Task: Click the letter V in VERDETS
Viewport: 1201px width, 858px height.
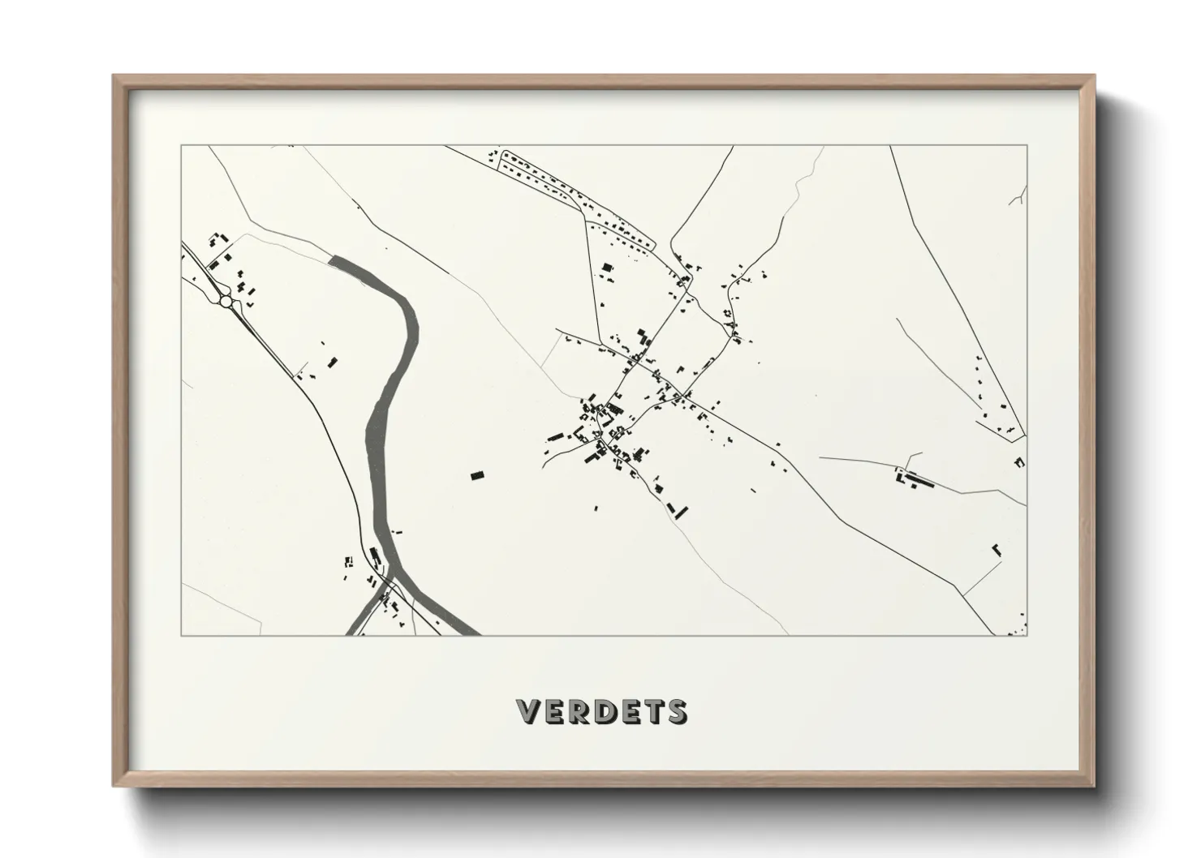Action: (528, 711)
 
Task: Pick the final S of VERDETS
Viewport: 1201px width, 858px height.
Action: (675, 711)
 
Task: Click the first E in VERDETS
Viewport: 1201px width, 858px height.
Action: (553, 711)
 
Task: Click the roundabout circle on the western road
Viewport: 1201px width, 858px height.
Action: (226, 302)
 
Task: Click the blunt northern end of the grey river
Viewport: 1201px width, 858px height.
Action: (332, 260)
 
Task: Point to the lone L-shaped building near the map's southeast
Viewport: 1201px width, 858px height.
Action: (996, 550)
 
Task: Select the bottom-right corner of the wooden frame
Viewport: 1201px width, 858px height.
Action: (1093, 786)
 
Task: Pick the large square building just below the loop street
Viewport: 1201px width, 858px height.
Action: (607, 268)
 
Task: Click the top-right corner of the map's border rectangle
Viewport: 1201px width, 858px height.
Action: (1027, 146)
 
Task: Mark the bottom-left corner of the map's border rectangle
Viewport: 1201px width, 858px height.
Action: (181, 635)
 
